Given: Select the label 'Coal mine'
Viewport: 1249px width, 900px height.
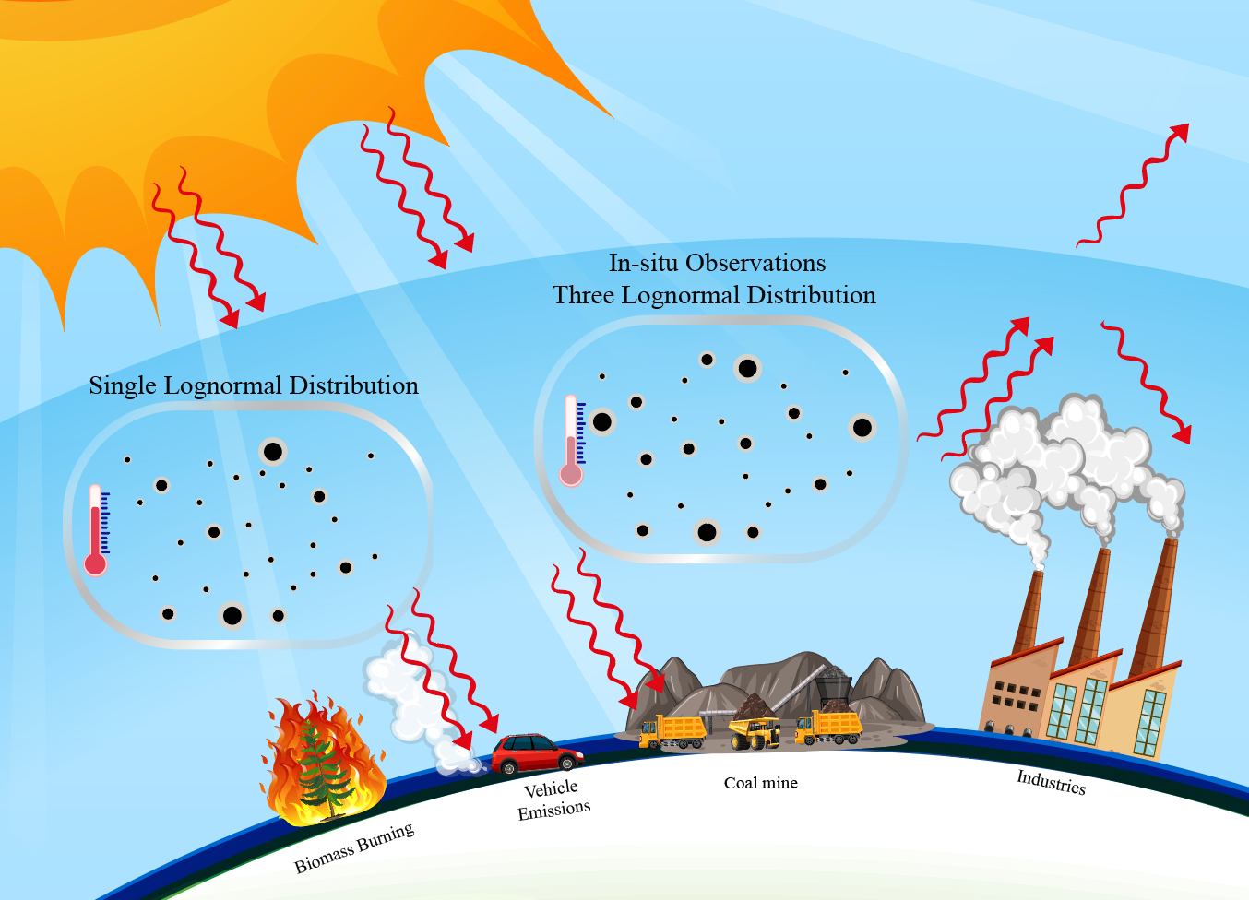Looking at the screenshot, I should pyautogui.click(x=760, y=783).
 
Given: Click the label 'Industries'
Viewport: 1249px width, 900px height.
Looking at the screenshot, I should pyautogui.click(x=1051, y=782).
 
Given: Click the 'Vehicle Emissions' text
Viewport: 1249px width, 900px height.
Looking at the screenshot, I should pyautogui.click(x=553, y=799).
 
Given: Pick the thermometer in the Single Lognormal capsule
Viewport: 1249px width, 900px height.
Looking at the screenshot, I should pyautogui.click(x=96, y=530).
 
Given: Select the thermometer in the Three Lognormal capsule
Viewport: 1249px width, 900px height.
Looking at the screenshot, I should pyautogui.click(x=572, y=441).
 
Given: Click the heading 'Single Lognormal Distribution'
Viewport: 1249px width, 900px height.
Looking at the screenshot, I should pyautogui.click(x=254, y=385).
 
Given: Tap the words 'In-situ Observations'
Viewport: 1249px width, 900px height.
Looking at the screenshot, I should pyautogui.click(x=717, y=263).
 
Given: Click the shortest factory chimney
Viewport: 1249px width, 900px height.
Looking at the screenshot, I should pyautogui.click(x=1028, y=613).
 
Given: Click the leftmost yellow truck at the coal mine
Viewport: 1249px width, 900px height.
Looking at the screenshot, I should pyautogui.click(x=673, y=731).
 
